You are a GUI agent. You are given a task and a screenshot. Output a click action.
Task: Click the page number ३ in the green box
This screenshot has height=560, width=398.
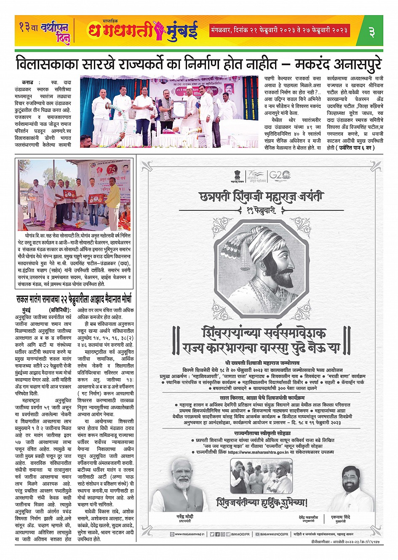pos(371,31)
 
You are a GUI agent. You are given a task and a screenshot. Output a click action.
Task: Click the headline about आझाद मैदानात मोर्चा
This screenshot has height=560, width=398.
pos(74,300)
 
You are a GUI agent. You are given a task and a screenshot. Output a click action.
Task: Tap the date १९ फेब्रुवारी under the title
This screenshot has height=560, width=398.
pos(262,209)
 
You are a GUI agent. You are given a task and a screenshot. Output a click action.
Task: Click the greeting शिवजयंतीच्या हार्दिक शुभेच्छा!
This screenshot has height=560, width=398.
pos(262,502)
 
